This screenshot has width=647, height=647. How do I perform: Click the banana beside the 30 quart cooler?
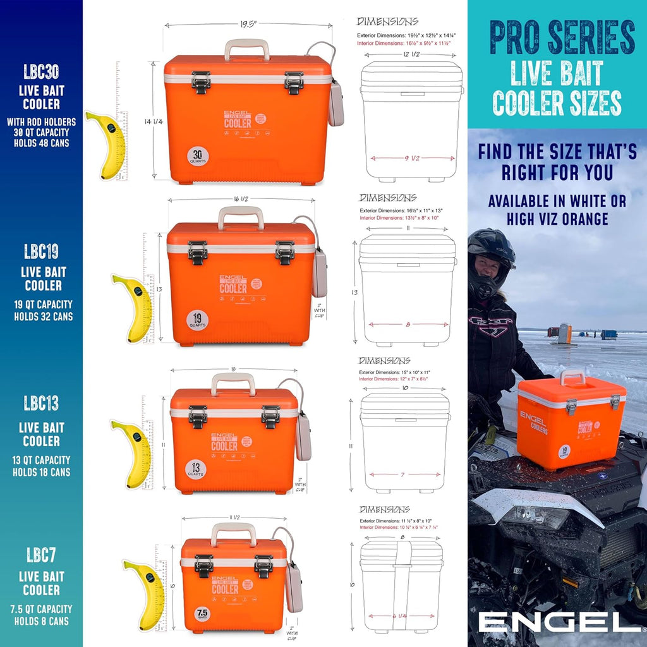click(x=106, y=144)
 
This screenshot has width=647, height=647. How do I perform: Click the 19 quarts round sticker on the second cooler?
click(x=197, y=319)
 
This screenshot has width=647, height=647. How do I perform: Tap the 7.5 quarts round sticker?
click(x=202, y=614)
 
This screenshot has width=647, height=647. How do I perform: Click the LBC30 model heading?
click(x=42, y=71)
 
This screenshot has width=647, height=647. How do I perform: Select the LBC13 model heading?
click(x=41, y=402)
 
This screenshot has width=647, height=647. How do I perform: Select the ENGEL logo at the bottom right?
click(x=559, y=621)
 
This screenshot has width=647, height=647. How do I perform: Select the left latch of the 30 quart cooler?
click(x=201, y=82)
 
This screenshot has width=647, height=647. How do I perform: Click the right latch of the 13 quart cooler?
click(x=271, y=416)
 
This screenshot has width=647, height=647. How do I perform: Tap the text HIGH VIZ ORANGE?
click(x=557, y=219)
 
